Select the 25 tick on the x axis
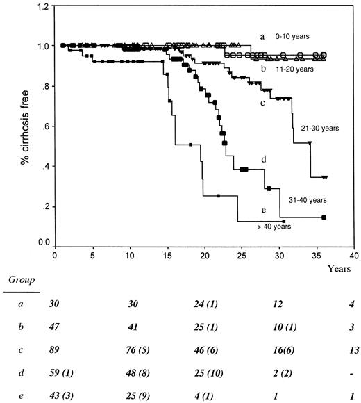coord(241,255)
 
